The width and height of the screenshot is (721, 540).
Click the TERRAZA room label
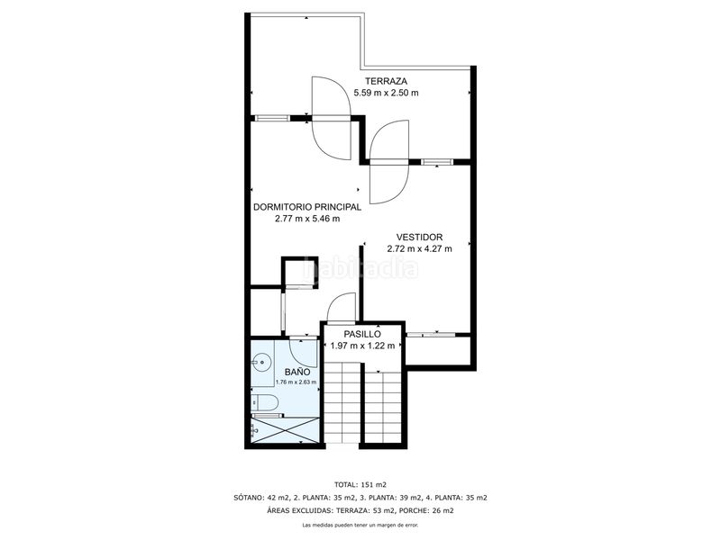coord(387,81)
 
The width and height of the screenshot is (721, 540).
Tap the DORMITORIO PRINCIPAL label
coord(307,207)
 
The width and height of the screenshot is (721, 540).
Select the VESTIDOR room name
coord(419,238)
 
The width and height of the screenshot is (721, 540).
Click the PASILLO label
coord(362,334)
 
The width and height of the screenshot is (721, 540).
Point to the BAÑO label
coord(297,372)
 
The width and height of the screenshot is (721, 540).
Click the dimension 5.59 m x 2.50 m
coord(387,93)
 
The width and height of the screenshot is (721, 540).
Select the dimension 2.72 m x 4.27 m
coord(419,249)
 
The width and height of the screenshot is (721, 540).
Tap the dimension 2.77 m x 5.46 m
coord(307,219)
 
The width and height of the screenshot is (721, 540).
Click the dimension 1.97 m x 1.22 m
coord(362,346)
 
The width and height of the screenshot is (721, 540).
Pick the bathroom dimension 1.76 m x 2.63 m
coord(297,382)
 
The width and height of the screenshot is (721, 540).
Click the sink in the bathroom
coord(260,362)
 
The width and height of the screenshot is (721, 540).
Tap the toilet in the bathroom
coord(265,402)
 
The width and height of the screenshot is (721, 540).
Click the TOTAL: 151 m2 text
coord(360,484)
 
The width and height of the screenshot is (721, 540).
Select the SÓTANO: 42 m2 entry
coord(261,498)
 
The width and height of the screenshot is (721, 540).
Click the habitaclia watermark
coord(361,267)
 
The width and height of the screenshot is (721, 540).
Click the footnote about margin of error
coord(360,525)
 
